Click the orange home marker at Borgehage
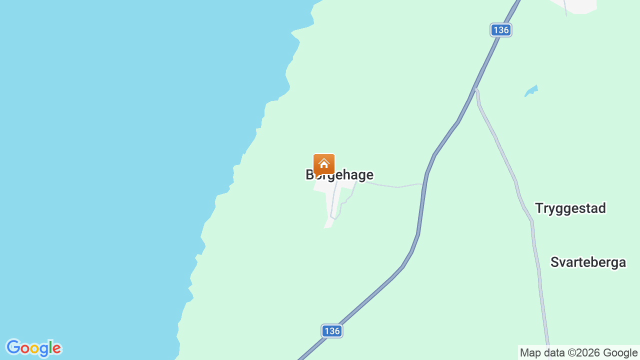click(x=324, y=164)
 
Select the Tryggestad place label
click(x=570, y=208)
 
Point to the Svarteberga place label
click(x=588, y=262)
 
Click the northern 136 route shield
click(x=500, y=30)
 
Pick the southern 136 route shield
click(x=332, y=331)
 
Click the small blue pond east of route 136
click(x=531, y=91)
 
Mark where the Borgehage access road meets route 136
click(x=424, y=184)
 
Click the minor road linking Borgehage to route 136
click(x=395, y=186)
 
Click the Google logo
click(x=33, y=348)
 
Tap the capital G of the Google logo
click(x=13, y=347)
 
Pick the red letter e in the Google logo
click(x=56, y=348)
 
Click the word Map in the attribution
click(x=530, y=353)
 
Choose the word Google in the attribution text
click(x=619, y=353)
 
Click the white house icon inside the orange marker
click(x=324, y=163)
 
